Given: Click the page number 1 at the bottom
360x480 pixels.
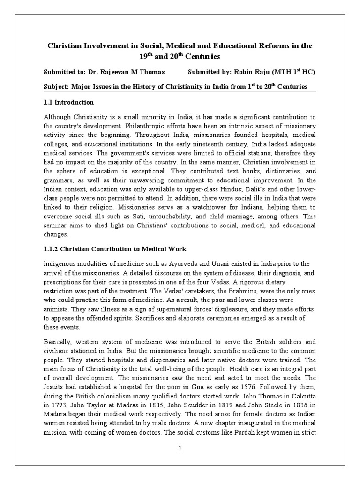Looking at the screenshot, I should (180, 448).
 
